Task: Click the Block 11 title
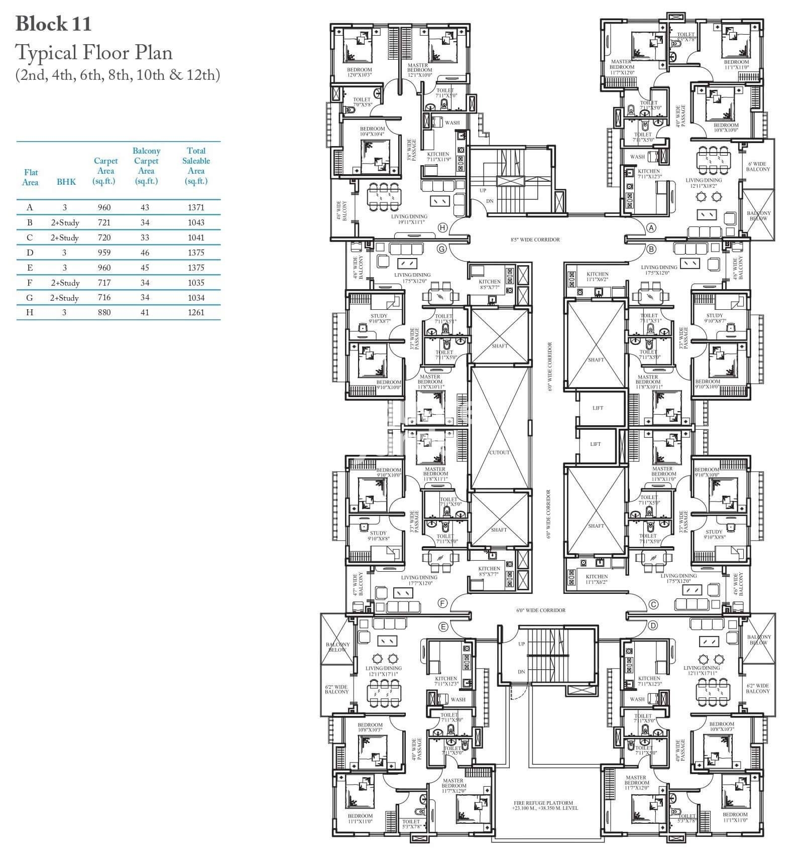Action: point(54,24)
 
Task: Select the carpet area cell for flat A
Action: point(104,207)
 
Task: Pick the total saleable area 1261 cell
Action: point(196,312)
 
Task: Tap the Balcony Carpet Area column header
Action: point(146,166)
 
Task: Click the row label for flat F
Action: point(30,283)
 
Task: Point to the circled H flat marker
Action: point(442,227)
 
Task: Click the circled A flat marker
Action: point(651,227)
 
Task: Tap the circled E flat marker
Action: point(442,626)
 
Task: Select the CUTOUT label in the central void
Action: point(500,452)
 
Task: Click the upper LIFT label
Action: point(598,408)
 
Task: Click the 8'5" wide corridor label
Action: point(535,239)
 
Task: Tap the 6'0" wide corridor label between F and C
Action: point(540,610)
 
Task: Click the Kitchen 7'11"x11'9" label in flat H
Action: point(438,157)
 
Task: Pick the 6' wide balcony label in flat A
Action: point(757,167)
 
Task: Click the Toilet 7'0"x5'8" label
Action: point(362,102)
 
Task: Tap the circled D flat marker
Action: point(653,626)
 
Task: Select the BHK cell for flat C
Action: point(65,237)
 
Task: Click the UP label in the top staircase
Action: point(483,191)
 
